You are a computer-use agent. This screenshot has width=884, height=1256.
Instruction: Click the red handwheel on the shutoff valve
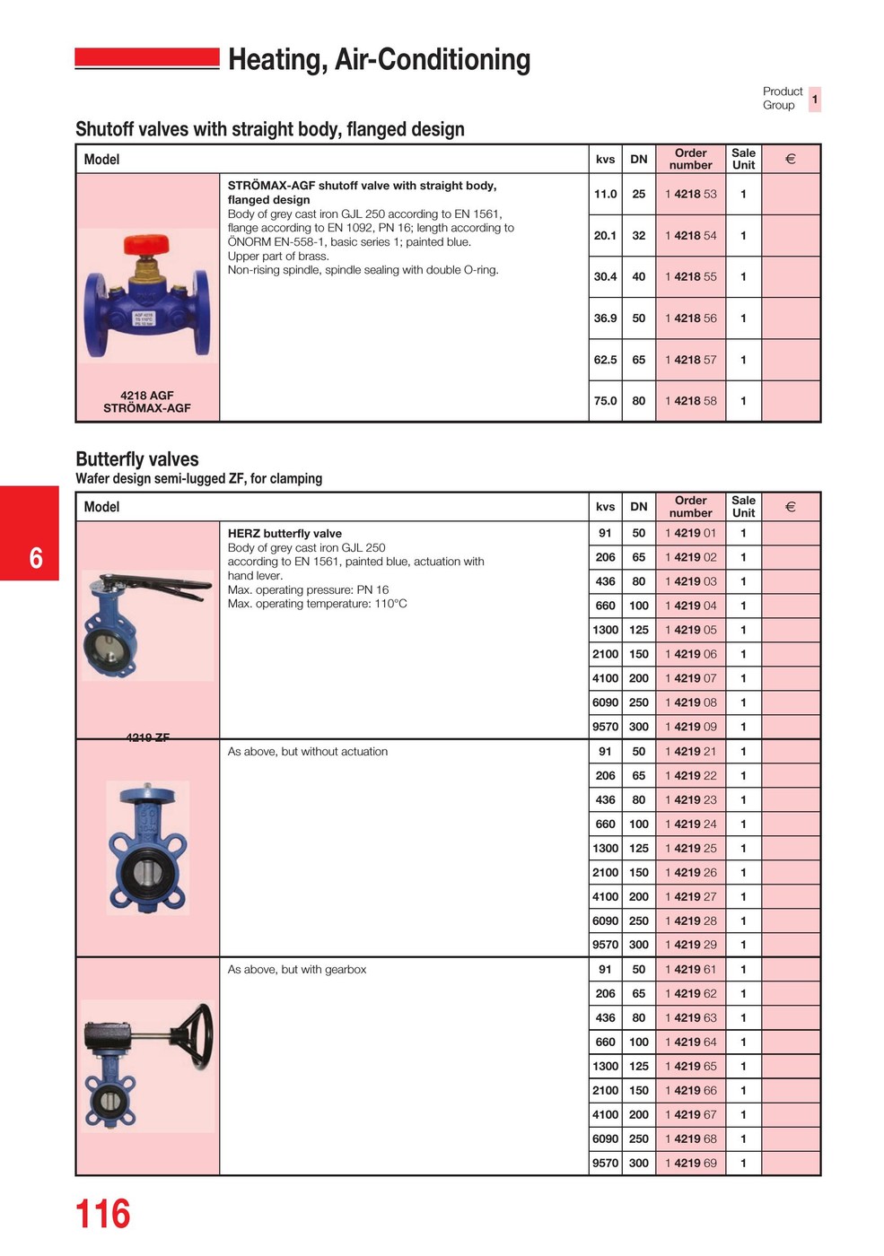[x=146, y=243]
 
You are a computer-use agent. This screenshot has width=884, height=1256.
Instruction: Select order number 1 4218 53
[x=690, y=194]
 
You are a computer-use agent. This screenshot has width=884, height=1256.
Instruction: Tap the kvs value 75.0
[x=605, y=401]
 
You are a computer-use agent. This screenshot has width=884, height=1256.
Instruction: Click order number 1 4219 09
[x=690, y=727]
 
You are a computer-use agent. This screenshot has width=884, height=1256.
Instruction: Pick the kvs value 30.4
[x=605, y=276]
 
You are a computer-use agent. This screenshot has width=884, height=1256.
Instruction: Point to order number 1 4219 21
[x=690, y=752]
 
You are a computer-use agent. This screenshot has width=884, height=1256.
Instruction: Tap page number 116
[x=102, y=1214]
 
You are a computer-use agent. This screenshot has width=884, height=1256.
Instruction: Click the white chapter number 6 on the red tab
[x=36, y=558]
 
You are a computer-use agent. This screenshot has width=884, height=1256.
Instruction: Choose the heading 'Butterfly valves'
[x=137, y=459]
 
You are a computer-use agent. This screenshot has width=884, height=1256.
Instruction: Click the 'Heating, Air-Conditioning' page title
[x=379, y=59]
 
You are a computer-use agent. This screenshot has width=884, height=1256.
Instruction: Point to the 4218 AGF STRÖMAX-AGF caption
[x=147, y=402]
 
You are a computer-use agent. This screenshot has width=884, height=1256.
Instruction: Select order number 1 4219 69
[x=690, y=1163]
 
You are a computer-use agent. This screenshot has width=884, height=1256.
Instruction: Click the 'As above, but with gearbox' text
[x=297, y=970]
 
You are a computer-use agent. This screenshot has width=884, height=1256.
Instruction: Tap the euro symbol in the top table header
[x=790, y=160]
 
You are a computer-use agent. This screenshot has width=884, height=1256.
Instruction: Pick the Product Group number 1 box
[x=814, y=99]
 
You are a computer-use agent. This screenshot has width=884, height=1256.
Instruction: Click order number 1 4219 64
[x=690, y=1042]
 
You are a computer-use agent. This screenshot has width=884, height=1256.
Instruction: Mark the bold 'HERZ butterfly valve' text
[x=284, y=534]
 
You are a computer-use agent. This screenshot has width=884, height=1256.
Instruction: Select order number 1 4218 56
[x=690, y=318]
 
